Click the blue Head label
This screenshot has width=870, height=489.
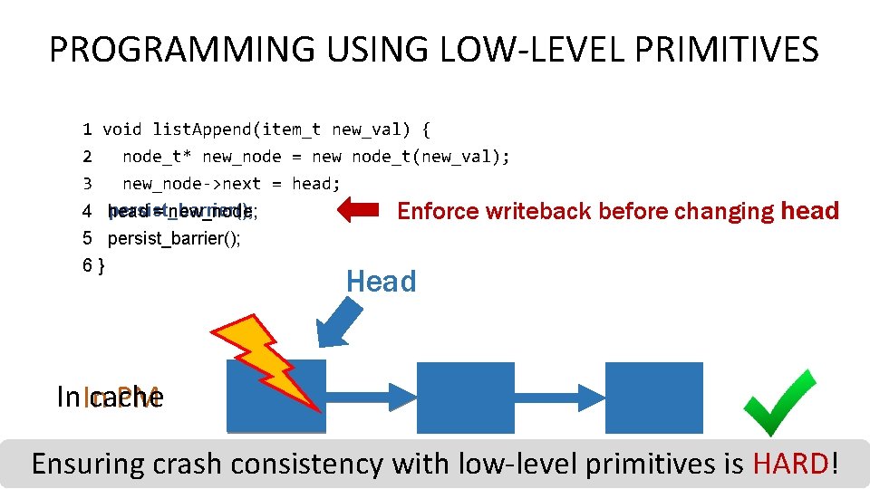pyautogui.click(x=381, y=282)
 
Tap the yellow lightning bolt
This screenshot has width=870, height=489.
pyautogui.click(x=263, y=358)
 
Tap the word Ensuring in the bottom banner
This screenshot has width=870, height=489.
pyautogui.click(x=88, y=464)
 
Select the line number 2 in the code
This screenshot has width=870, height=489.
pyautogui.click(x=87, y=157)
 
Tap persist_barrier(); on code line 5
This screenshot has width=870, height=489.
pyautogui.click(x=174, y=239)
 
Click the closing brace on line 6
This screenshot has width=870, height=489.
pyautogui.click(x=101, y=265)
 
